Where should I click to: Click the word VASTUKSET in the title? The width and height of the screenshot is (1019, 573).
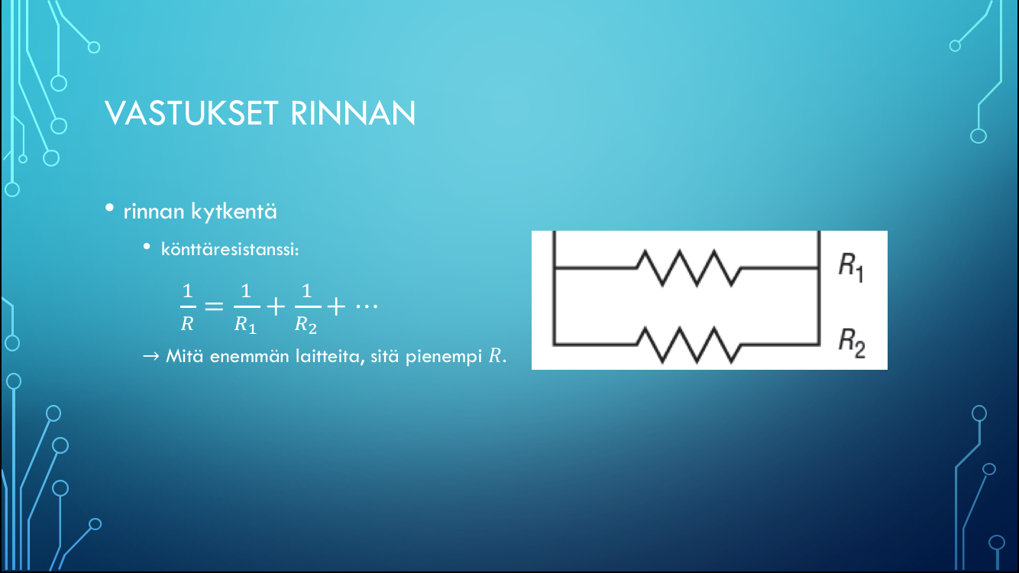pyautogui.click(x=192, y=113)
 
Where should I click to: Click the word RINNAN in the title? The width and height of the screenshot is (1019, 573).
pyautogui.click(x=353, y=113)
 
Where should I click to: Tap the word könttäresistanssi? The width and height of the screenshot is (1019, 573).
pyautogui.click(x=230, y=249)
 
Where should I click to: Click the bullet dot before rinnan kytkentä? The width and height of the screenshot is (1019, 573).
pyautogui.click(x=109, y=209)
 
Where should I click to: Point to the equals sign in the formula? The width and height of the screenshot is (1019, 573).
pyautogui.click(x=214, y=306)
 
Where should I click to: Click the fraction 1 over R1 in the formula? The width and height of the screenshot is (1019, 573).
pyautogui.click(x=246, y=309)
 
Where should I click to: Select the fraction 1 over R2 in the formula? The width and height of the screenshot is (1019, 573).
pyautogui.click(x=306, y=309)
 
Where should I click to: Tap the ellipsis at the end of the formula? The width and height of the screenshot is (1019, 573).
pyautogui.click(x=367, y=306)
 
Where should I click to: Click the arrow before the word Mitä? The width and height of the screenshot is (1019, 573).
pyautogui.click(x=151, y=356)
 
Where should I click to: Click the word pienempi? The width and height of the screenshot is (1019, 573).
pyautogui.click(x=444, y=357)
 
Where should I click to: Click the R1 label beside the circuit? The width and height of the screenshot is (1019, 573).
pyautogui.click(x=851, y=267)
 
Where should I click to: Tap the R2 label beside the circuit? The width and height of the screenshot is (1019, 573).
pyautogui.click(x=852, y=343)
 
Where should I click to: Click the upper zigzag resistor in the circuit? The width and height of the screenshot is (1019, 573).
pyautogui.click(x=688, y=268)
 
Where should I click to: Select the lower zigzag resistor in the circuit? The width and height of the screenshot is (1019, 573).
pyautogui.click(x=688, y=345)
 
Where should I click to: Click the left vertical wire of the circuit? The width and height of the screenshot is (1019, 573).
pyautogui.click(x=554, y=288)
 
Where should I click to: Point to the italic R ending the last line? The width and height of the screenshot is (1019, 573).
pyautogui.click(x=494, y=356)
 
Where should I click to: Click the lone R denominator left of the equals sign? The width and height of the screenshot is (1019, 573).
pyautogui.click(x=187, y=324)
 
